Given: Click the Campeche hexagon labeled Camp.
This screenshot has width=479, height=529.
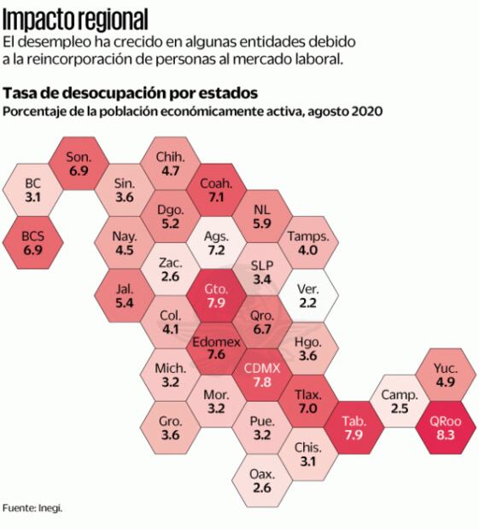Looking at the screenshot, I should click(399, 402).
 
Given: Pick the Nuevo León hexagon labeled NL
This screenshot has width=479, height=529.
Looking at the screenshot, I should click(262, 218).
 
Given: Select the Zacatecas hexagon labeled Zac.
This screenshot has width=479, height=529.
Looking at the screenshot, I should click(169, 270).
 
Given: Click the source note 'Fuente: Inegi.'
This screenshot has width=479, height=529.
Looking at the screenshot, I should click(32, 507).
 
